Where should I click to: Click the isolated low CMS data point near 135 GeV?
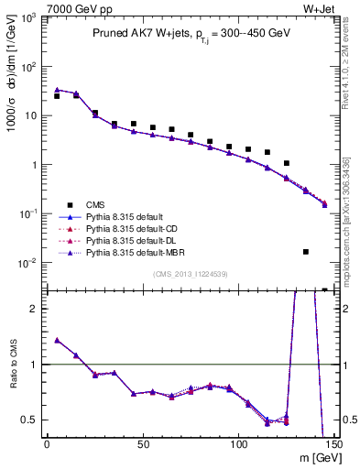[306, 251]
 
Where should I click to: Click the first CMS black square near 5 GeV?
[57, 96]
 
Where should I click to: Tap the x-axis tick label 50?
[143, 444]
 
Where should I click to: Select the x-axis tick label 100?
[239, 444]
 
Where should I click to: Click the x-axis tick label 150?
[333, 444]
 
